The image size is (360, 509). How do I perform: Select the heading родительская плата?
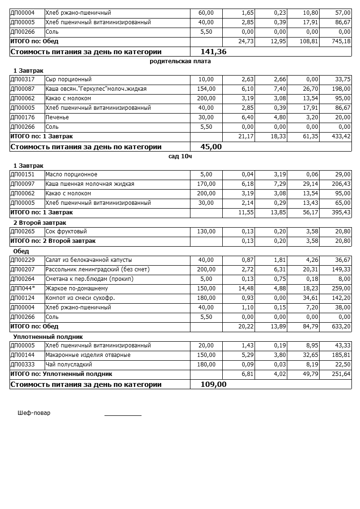(x=180, y=61)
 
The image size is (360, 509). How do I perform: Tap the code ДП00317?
(x=22, y=79)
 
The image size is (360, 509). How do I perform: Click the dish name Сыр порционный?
(x=68, y=79)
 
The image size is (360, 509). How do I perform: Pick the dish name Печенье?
(x=57, y=117)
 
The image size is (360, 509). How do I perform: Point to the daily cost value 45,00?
(x=211, y=147)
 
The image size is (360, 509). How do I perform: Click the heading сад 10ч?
(x=180, y=156)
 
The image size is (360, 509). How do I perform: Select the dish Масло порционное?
(x=71, y=174)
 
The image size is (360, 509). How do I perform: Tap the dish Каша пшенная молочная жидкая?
(x=90, y=184)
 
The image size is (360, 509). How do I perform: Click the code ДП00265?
(x=22, y=231)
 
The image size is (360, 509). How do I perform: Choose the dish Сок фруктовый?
(x=66, y=231)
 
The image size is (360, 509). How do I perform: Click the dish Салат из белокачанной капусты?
(x=89, y=260)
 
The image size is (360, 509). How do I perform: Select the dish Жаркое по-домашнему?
(x=76, y=288)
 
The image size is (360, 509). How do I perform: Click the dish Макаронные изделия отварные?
(x=88, y=355)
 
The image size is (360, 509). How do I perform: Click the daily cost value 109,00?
(x=213, y=384)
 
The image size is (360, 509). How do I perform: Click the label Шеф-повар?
(x=34, y=413)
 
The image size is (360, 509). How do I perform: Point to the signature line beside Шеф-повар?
(x=123, y=415)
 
